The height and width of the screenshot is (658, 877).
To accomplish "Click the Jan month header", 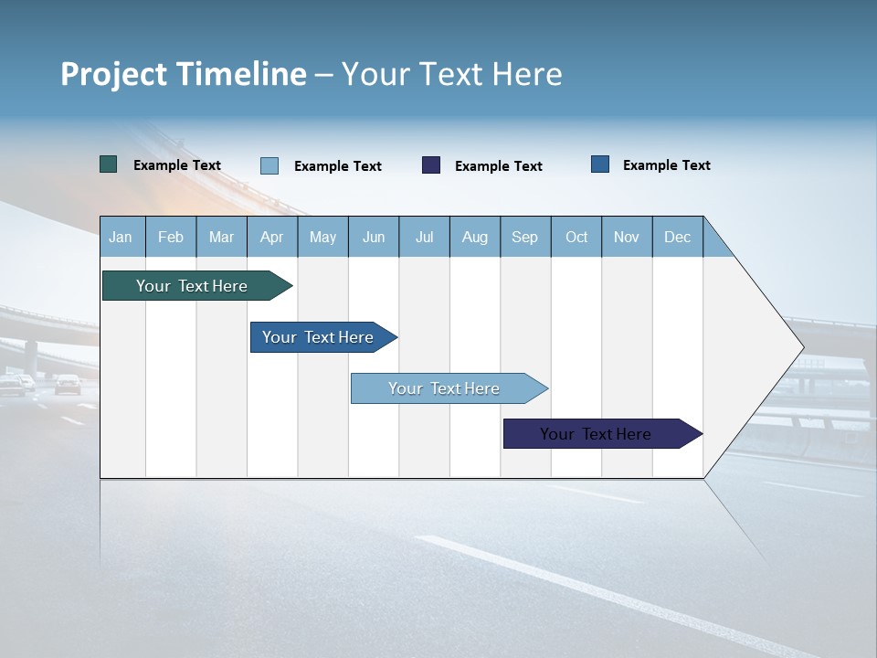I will [x=121, y=237].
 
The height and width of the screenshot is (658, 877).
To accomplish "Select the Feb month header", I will [x=171, y=237].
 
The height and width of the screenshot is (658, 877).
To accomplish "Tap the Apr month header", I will [x=271, y=237].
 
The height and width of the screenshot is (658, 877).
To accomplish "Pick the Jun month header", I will [x=374, y=237].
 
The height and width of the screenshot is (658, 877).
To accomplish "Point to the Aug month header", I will [x=474, y=237].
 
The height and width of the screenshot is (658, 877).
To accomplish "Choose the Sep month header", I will [x=524, y=237].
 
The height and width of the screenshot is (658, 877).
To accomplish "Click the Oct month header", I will [x=576, y=237].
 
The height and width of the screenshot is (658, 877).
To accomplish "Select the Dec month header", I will [x=677, y=237].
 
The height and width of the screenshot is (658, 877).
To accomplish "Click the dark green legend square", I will [x=109, y=164].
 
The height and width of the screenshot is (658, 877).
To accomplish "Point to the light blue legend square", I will [x=269, y=165].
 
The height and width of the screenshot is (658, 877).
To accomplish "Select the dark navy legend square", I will [x=431, y=164].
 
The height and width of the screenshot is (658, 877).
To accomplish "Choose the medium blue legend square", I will [x=600, y=164].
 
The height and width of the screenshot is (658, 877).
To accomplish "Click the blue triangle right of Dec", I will [x=714, y=244].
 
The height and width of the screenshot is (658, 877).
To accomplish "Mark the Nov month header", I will [x=627, y=237].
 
